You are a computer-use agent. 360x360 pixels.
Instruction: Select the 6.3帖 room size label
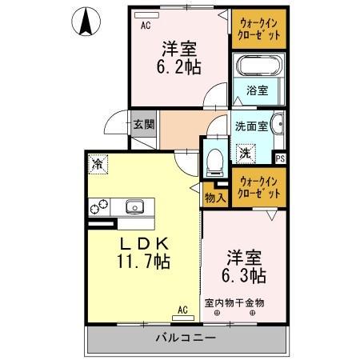(x=245, y=267)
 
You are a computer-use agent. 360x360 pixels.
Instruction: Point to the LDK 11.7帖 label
(x=145, y=252)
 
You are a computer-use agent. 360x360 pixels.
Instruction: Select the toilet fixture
(x=214, y=160)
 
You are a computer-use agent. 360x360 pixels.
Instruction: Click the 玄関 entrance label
(x=145, y=124)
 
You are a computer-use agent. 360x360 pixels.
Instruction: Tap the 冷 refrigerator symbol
(x=98, y=166)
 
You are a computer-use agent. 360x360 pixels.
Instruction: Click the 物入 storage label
(x=214, y=197)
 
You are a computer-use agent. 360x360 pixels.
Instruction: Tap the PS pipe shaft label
(x=280, y=158)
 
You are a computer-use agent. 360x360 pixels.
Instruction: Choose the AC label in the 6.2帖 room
(x=146, y=26)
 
